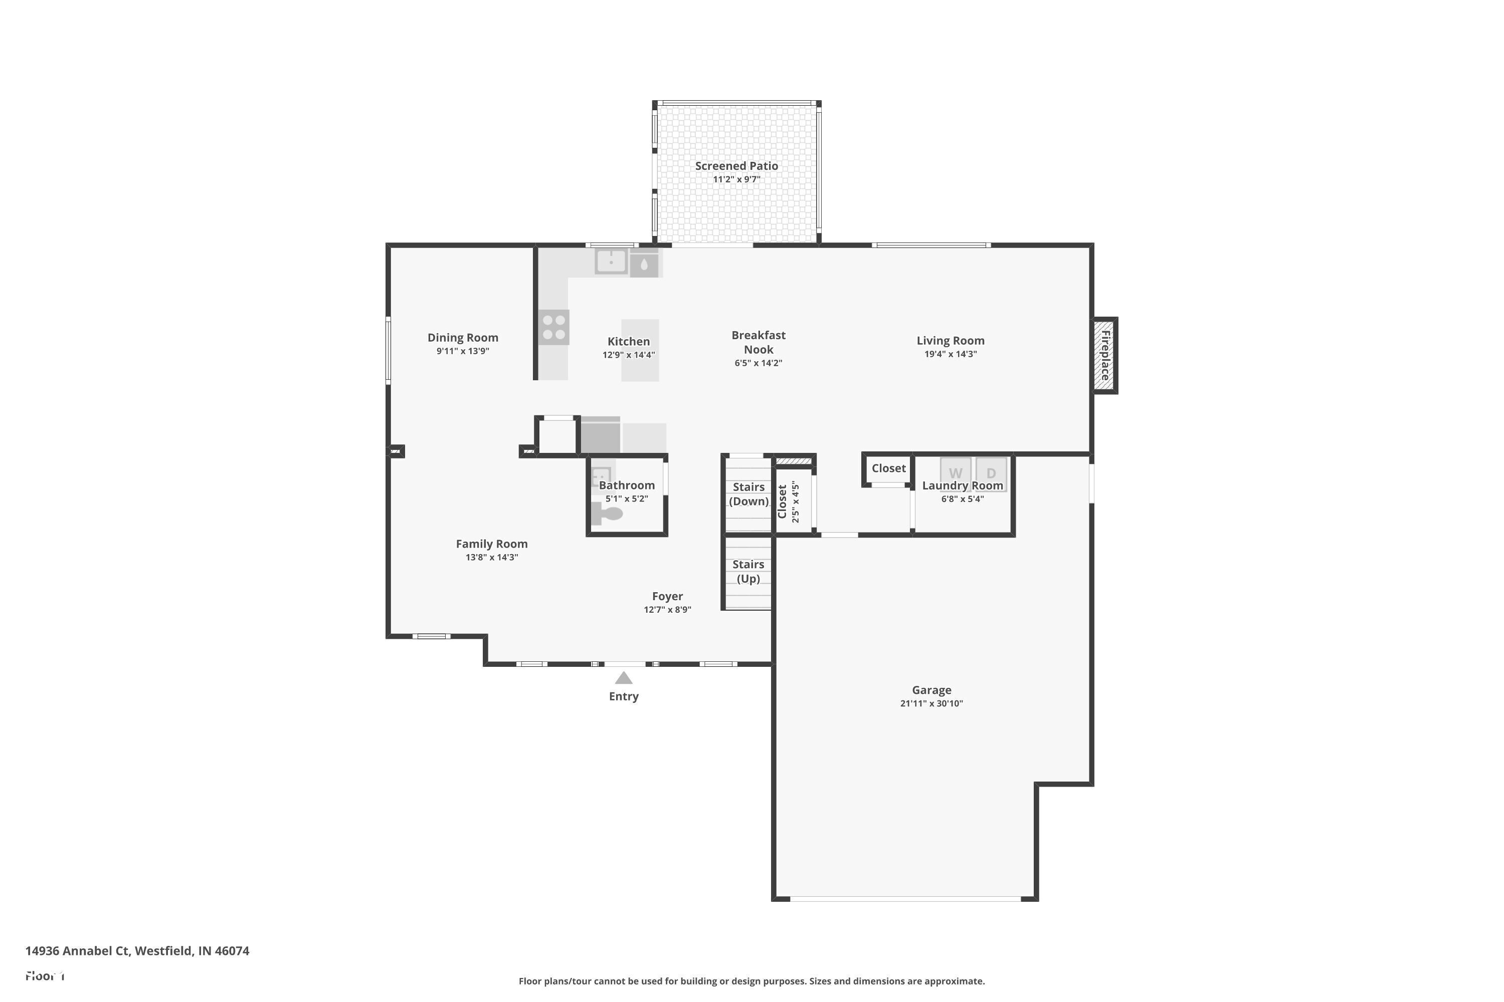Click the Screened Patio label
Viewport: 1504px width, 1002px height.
pos(736,165)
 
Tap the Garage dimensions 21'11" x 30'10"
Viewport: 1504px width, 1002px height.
pos(931,703)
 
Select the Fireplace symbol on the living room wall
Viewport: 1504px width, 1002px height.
pos(1104,355)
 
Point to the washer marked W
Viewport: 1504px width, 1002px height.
pos(956,473)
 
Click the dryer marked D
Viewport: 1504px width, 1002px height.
pos(991,473)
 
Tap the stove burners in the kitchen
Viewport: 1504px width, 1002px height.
pos(554,327)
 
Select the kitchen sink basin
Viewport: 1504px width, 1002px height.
pos(611,262)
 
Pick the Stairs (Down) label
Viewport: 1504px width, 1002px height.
pos(748,494)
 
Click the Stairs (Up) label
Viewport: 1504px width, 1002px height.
pos(748,571)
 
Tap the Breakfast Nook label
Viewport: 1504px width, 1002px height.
pos(759,342)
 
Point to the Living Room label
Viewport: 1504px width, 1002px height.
pos(950,341)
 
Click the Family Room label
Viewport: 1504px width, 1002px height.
pos(491,544)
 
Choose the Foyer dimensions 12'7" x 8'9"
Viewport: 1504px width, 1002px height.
pos(667,610)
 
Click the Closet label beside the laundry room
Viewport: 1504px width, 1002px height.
pos(888,468)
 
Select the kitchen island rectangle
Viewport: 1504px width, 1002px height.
pos(640,350)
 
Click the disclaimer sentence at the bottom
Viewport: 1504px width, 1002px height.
pos(751,981)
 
